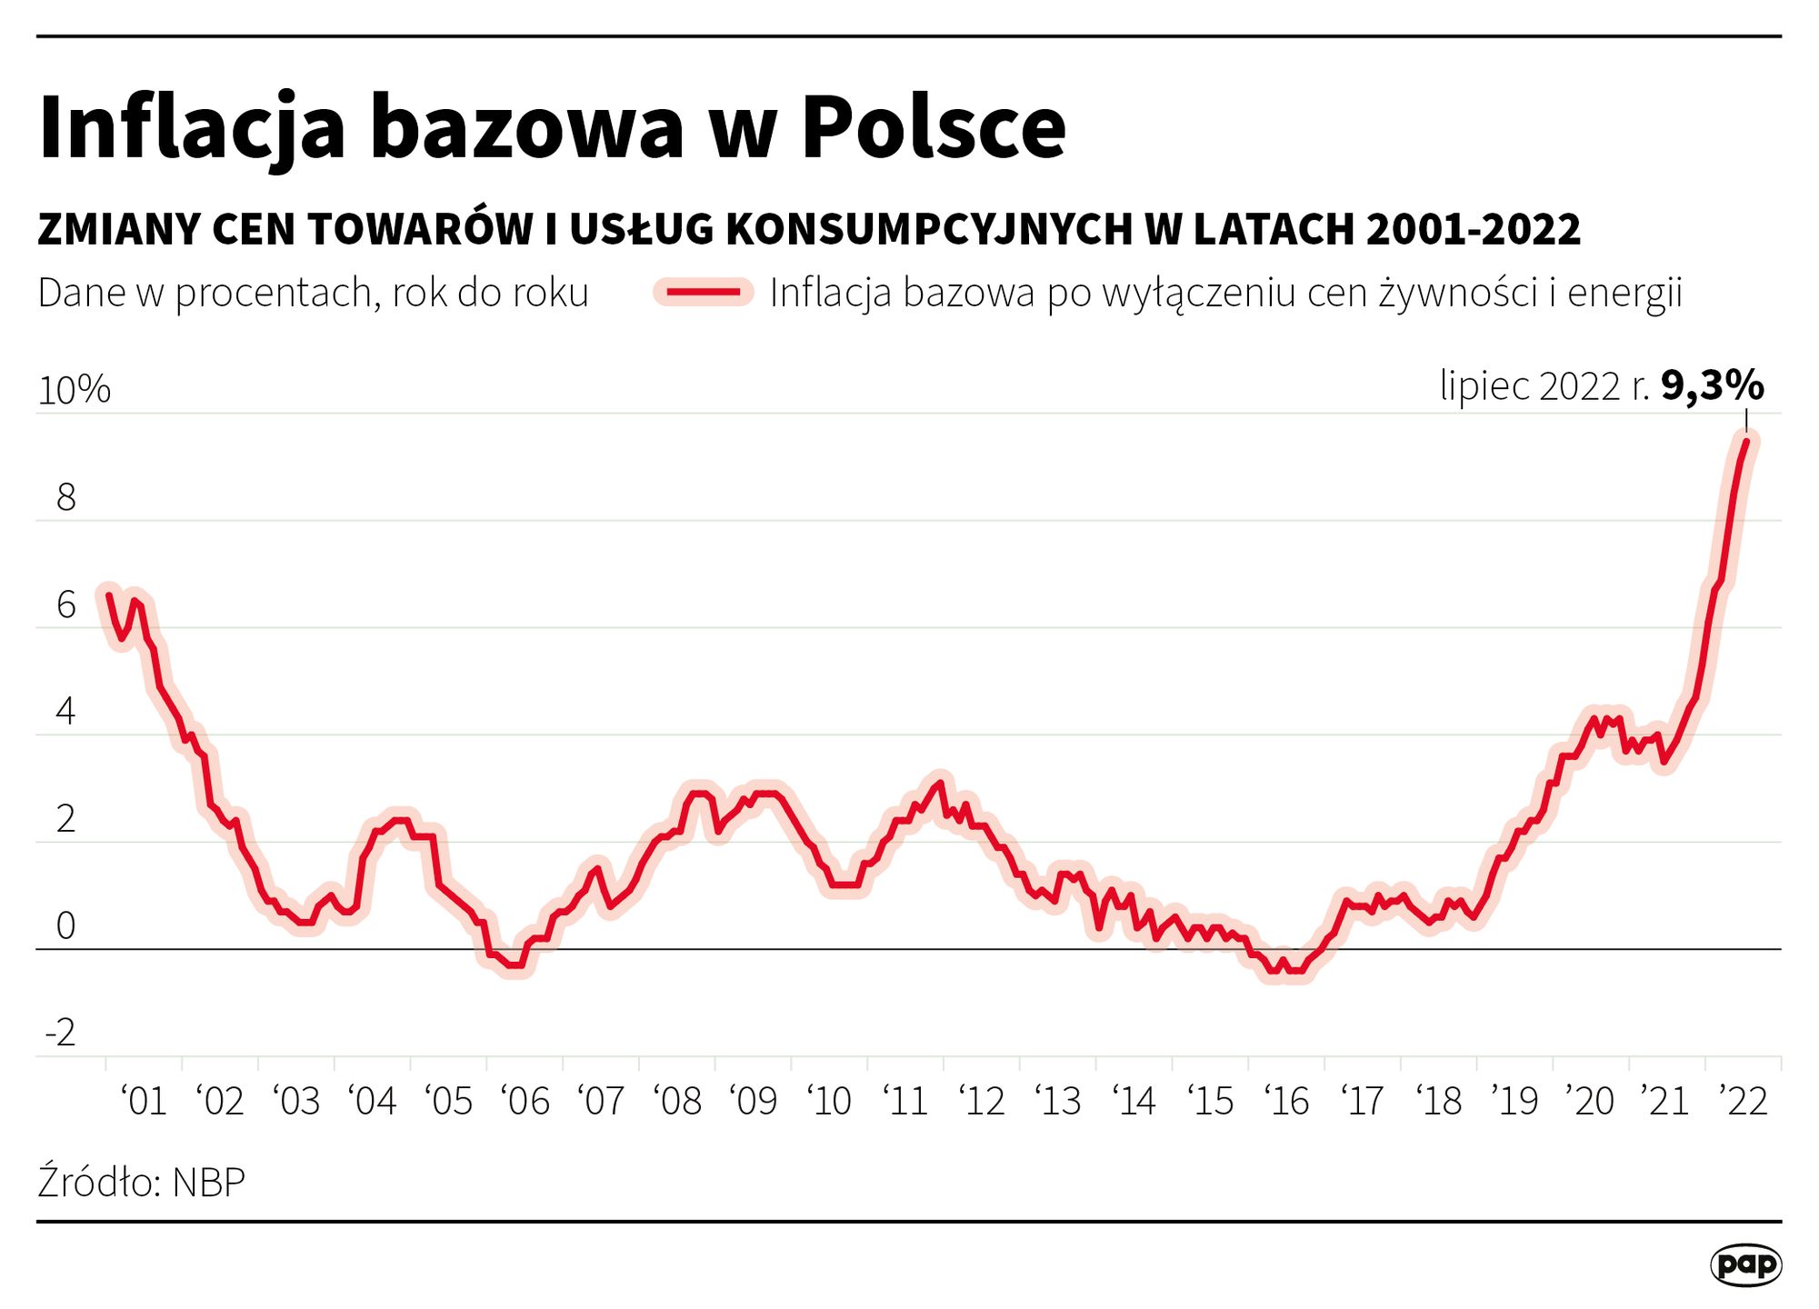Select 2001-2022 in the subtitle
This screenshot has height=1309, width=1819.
pyautogui.click(x=1474, y=229)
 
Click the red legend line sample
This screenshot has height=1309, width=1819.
pyautogui.click(x=704, y=293)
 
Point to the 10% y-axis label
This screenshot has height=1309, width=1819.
pyautogui.click(x=75, y=391)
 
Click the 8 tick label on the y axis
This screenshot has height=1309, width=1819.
pyautogui.click(x=66, y=498)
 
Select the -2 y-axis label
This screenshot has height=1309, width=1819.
pyautogui.click(x=61, y=1033)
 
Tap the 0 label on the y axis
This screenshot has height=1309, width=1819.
pyautogui.click(x=66, y=926)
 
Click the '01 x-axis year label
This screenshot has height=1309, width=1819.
pyautogui.click(x=144, y=1102)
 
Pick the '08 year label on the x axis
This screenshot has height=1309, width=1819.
pyautogui.click(x=678, y=1102)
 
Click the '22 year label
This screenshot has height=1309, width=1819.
pyautogui.click(x=1744, y=1102)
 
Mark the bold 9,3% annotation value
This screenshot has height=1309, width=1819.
pyautogui.click(x=1712, y=386)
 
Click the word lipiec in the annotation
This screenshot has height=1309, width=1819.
pyautogui.click(x=1484, y=386)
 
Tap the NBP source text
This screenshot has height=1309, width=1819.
pyautogui.click(x=208, y=1183)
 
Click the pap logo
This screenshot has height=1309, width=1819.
pyautogui.click(x=1745, y=1264)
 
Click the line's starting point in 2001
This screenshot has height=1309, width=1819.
pyautogui.click(x=109, y=595)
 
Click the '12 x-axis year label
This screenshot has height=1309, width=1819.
pyautogui.click(x=983, y=1102)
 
